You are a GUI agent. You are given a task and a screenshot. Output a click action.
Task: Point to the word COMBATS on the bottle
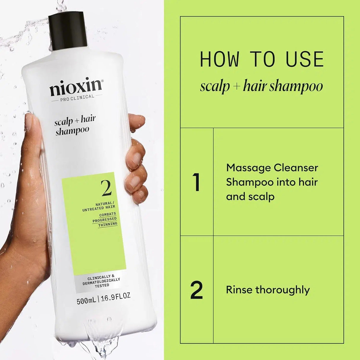pyautogui.click(x=108, y=214)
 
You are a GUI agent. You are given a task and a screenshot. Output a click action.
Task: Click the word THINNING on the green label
pyautogui.click(x=108, y=224)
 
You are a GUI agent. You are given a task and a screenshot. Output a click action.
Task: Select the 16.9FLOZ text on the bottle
pyautogui.click(x=116, y=297)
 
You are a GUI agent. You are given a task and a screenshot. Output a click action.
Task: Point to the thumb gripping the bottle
pyautogui.click(x=33, y=130)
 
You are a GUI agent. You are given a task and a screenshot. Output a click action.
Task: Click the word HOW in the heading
pyautogui.click(x=219, y=59)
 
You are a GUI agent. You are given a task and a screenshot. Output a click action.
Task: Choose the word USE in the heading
pyautogui.click(x=305, y=59)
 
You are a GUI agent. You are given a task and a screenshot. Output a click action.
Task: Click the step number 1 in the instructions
pyautogui.click(x=196, y=182)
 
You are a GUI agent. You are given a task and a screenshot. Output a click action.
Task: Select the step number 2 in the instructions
pyautogui.click(x=196, y=290)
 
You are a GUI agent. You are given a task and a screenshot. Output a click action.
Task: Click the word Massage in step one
pyautogui.click(x=248, y=168)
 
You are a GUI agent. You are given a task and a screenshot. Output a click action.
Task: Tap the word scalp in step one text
pyautogui.click(x=262, y=197)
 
